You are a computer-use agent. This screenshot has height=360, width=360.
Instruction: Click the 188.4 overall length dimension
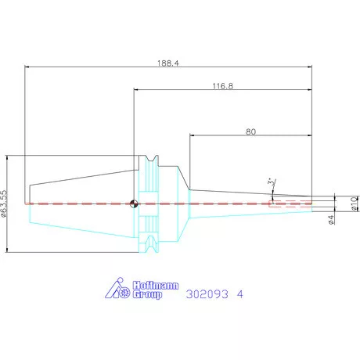[x=168, y=63]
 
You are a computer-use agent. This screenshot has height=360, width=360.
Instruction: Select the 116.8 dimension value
[x=223, y=86]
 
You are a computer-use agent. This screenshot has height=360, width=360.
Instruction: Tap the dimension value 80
[x=250, y=131]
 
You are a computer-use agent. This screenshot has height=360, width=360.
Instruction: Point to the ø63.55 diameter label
[x=4, y=203]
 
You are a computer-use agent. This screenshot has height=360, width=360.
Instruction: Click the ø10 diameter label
[x=355, y=203]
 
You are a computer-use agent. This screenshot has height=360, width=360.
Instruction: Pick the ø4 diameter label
[x=331, y=219]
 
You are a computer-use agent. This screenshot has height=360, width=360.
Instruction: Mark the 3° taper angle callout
[x=272, y=182]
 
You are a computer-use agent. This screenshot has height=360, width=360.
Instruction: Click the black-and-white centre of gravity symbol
[x=134, y=203]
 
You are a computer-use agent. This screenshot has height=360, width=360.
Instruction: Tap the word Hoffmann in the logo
[x=156, y=286]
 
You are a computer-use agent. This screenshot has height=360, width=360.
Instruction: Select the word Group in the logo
[x=147, y=294]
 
